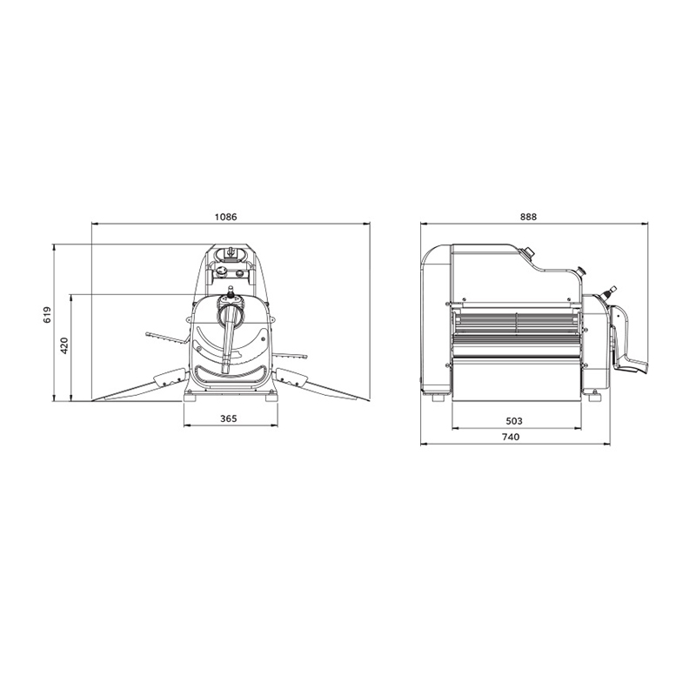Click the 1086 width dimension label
(x=226, y=217)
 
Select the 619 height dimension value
(x=48, y=315)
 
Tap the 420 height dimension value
(x=64, y=345)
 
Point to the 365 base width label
(x=229, y=418)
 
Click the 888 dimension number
(x=528, y=217)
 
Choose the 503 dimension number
(x=514, y=421)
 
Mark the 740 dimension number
(x=511, y=438)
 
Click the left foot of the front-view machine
(x=190, y=398)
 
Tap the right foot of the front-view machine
(x=271, y=398)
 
